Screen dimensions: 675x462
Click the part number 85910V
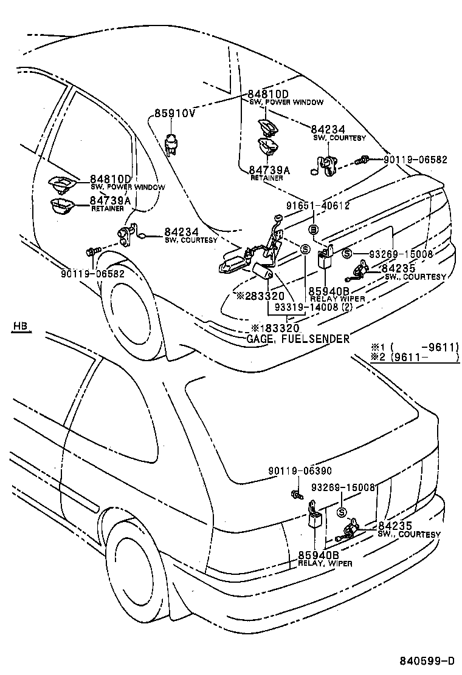[x=174, y=113]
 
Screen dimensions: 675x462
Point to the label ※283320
[x=260, y=296]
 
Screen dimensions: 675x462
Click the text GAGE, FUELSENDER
[x=298, y=339]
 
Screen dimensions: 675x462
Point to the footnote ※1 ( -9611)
[x=413, y=347]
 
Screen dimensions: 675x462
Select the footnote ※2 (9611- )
[x=413, y=358]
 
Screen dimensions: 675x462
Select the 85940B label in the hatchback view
[x=318, y=555]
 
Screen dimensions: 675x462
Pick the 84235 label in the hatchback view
[x=395, y=526]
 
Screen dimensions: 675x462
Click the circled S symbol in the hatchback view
[x=341, y=513]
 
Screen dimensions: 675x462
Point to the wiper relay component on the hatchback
[x=314, y=515]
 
